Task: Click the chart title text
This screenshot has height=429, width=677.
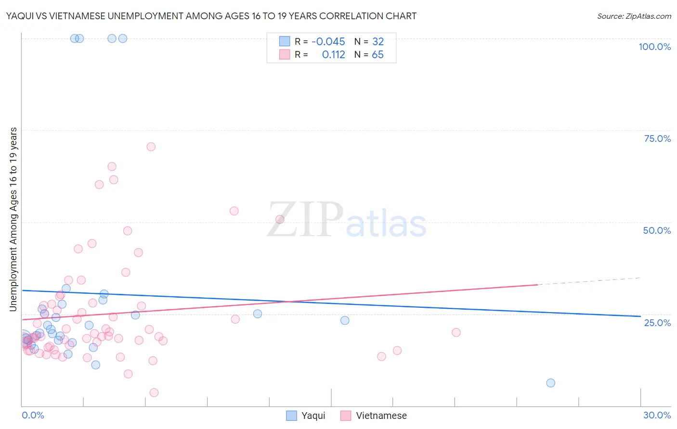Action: [211, 16]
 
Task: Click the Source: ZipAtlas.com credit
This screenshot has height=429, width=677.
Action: [634, 16]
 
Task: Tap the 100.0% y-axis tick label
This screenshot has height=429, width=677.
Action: [654, 47]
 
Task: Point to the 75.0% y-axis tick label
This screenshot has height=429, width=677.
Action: [657, 139]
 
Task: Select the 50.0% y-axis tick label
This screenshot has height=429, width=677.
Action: [657, 230]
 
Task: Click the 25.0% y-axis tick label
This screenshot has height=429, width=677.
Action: [657, 323]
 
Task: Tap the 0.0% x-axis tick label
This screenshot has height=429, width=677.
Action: [33, 415]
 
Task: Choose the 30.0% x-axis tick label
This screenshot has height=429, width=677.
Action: [657, 415]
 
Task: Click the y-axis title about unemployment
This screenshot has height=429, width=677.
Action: [13, 219]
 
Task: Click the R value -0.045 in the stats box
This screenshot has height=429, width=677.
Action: [328, 42]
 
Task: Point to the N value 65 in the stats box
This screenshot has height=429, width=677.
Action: [378, 55]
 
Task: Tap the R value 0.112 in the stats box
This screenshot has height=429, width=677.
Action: [333, 55]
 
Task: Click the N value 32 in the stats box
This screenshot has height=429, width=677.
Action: [378, 42]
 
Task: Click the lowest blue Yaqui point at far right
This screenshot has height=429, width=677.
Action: [551, 383]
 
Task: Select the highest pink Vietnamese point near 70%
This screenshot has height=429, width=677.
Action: [151, 147]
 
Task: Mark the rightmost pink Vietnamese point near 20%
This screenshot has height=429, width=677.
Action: [456, 332]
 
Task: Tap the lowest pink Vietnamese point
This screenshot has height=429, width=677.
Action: [154, 392]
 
